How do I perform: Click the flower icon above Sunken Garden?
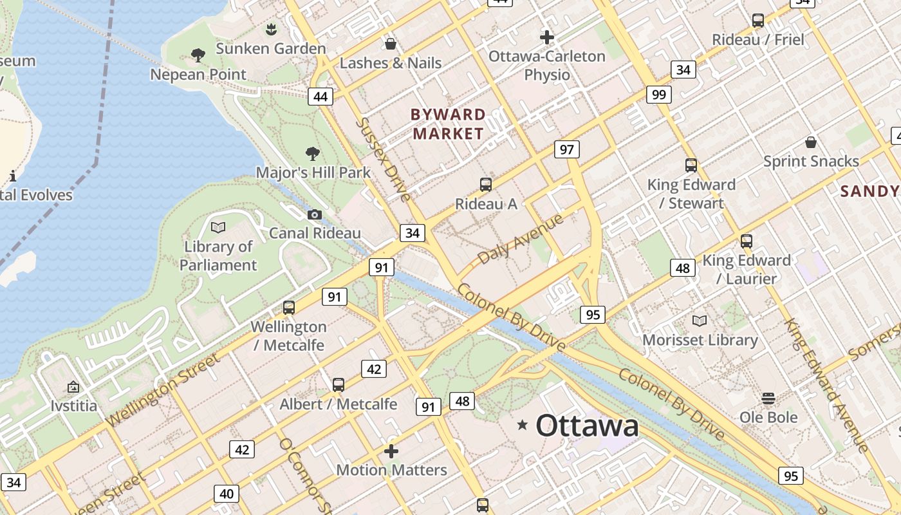[x=271, y=29]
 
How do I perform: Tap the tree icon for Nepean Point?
[x=198, y=55]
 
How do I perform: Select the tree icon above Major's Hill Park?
[x=313, y=153]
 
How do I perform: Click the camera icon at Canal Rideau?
[x=315, y=214]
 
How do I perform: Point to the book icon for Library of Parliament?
[x=218, y=227]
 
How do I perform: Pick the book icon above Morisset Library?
[x=700, y=321]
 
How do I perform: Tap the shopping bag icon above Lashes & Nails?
[x=390, y=44]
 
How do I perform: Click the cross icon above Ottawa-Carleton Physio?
[x=547, y=37]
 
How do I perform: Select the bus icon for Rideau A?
[x=486, y=185]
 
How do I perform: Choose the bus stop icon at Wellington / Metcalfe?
[x=289, y=308]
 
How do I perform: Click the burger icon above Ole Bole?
[x=768, y=398]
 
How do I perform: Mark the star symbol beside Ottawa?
[x=523, y=425]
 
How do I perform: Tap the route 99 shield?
[x=658, y=95]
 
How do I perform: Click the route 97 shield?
[x=566, y=150]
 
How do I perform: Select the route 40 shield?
[x=227, y=494]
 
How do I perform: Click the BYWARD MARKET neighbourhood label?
[x=448, y=124]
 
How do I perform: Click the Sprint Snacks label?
[x=811, y=161]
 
